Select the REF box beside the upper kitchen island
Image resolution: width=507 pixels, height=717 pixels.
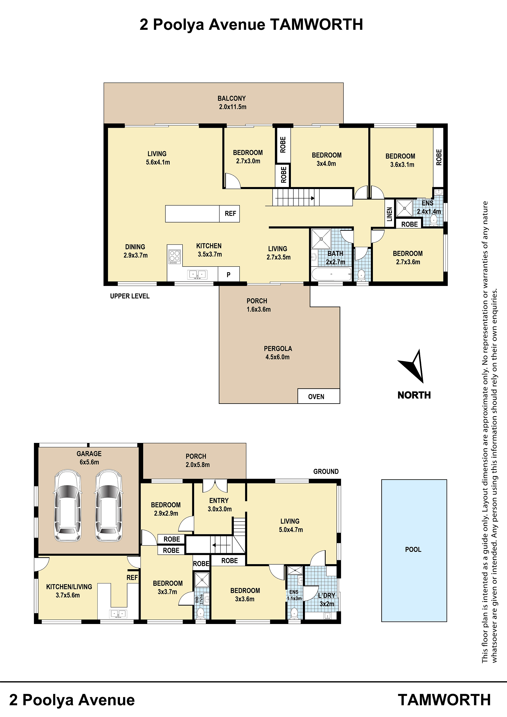click(230, 214)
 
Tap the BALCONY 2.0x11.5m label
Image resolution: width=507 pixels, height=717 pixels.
click(232, 102)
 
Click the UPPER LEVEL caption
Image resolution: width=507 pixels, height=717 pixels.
click(130, 296)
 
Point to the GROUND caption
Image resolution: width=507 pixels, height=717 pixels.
click(326, 472)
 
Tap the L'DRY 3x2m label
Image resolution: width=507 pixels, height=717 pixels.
click(326, 600)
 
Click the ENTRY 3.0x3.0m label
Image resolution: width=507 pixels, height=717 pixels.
click(219, 505)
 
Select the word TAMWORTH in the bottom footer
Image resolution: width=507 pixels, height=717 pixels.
click(444, 700)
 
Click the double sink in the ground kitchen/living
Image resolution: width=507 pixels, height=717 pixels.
click(118, 614)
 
